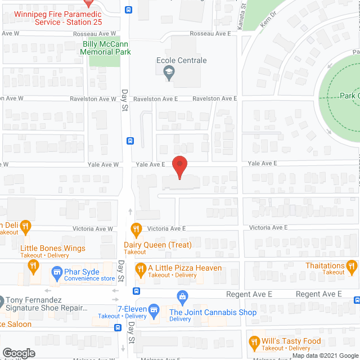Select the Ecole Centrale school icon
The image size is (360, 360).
point(168,71)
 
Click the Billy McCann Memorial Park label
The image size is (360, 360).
point(107,48)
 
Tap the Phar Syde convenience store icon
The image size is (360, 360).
point(56,273)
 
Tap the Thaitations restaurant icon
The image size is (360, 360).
point(352,266)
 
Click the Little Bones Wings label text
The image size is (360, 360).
point(53,248)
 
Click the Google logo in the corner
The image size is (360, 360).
point(19,353)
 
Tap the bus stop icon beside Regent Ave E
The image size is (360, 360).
point(136,291)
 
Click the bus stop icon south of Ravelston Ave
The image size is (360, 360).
point(130,141)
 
